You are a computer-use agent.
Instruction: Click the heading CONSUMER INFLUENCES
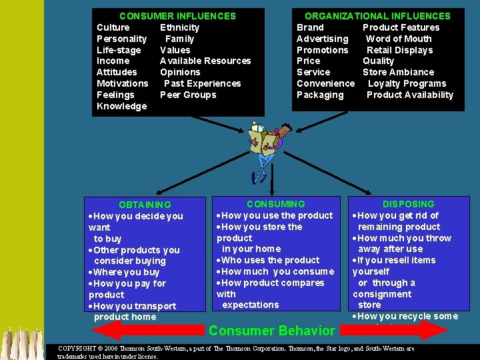pyautogui.click(x=177, y=16)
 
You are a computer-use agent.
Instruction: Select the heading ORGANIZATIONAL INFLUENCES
pyautogui.click(x=377, y=16)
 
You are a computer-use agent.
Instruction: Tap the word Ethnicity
pyautogui.click(x=179, y=27)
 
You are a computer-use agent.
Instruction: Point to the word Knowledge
pyautogui.click(x=121, y=106)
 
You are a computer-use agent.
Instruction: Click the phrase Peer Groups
pyautogui.click(x=188, y=95)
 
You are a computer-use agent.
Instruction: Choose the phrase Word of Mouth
pyautogui.click(x=399, y=39)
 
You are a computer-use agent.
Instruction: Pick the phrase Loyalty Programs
pyautogui.click(x=407, y=83)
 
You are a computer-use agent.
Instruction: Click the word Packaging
pyautogui.click(x=320, y=95)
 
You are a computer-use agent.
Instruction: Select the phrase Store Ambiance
pyautogui.click(x=398, y=72)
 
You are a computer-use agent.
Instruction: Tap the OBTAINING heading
pyautogui.click(x=145, y=205)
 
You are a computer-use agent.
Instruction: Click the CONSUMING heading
pyautogui.click(x=275, y=204)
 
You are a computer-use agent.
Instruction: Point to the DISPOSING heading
pyautogui.click(x=408, y=204)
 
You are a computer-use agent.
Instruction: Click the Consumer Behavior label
pyautogui.click(x=271, y=331)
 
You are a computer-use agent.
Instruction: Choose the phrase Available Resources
pyautogui.click(x=205, y=61)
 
